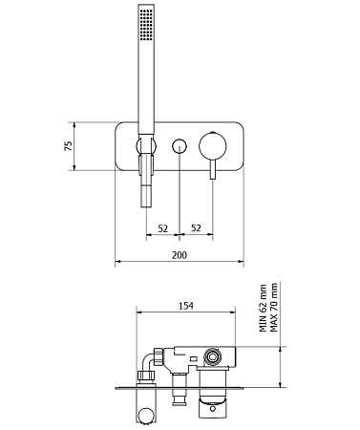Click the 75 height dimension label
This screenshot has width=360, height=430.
(69, 146)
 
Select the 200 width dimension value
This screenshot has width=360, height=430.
(180, 255)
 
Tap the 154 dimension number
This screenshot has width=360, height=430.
(186, 306)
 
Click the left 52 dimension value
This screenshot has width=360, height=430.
(162, 228)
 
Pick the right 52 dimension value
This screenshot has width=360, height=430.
(196, 228)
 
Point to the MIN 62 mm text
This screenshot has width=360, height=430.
(264, 308)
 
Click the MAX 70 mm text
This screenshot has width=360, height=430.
(273, 307)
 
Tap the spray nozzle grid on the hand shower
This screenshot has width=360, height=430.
(146, 25)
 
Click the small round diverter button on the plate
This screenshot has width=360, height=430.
(180, 146)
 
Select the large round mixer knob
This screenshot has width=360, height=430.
(213, 146)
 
